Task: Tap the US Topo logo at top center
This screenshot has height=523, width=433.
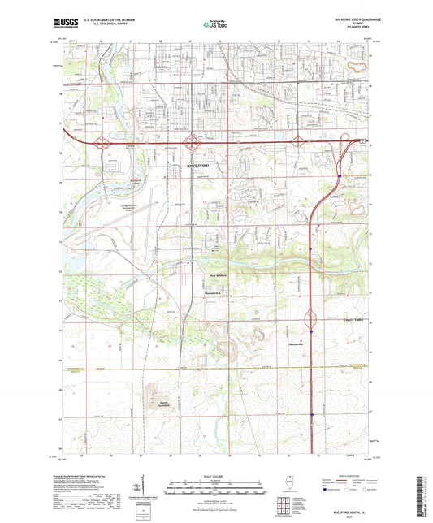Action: pos(214,25)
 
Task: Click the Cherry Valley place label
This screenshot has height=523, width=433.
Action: pos(348,320)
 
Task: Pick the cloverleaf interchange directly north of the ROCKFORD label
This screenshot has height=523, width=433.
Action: pos(193,144)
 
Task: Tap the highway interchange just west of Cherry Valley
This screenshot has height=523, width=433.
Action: pos(311,318)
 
